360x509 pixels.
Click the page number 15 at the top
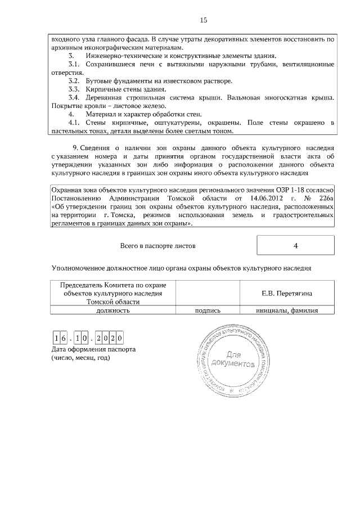click(x=204, y=21)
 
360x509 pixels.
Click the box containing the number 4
click(x=295, y=246)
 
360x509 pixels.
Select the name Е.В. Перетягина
click(x=287, y=293)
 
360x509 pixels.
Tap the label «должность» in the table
click(x=113, y=309)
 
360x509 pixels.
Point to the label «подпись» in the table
click(x=208, y=309)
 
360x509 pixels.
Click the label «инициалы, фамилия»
click(x=287, y=309)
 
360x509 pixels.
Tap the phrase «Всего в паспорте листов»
click(x=158, y=246)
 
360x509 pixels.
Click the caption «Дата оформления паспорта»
click(x=93, y=349)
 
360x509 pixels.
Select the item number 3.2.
click(x=74, y=81)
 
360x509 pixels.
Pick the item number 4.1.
click(x=74, y=123)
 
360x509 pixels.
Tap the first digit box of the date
click(x=56, y=337)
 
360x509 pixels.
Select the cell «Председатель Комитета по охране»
click(x=113, y=285)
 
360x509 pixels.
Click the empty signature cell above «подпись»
click(x=208, y=292)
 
